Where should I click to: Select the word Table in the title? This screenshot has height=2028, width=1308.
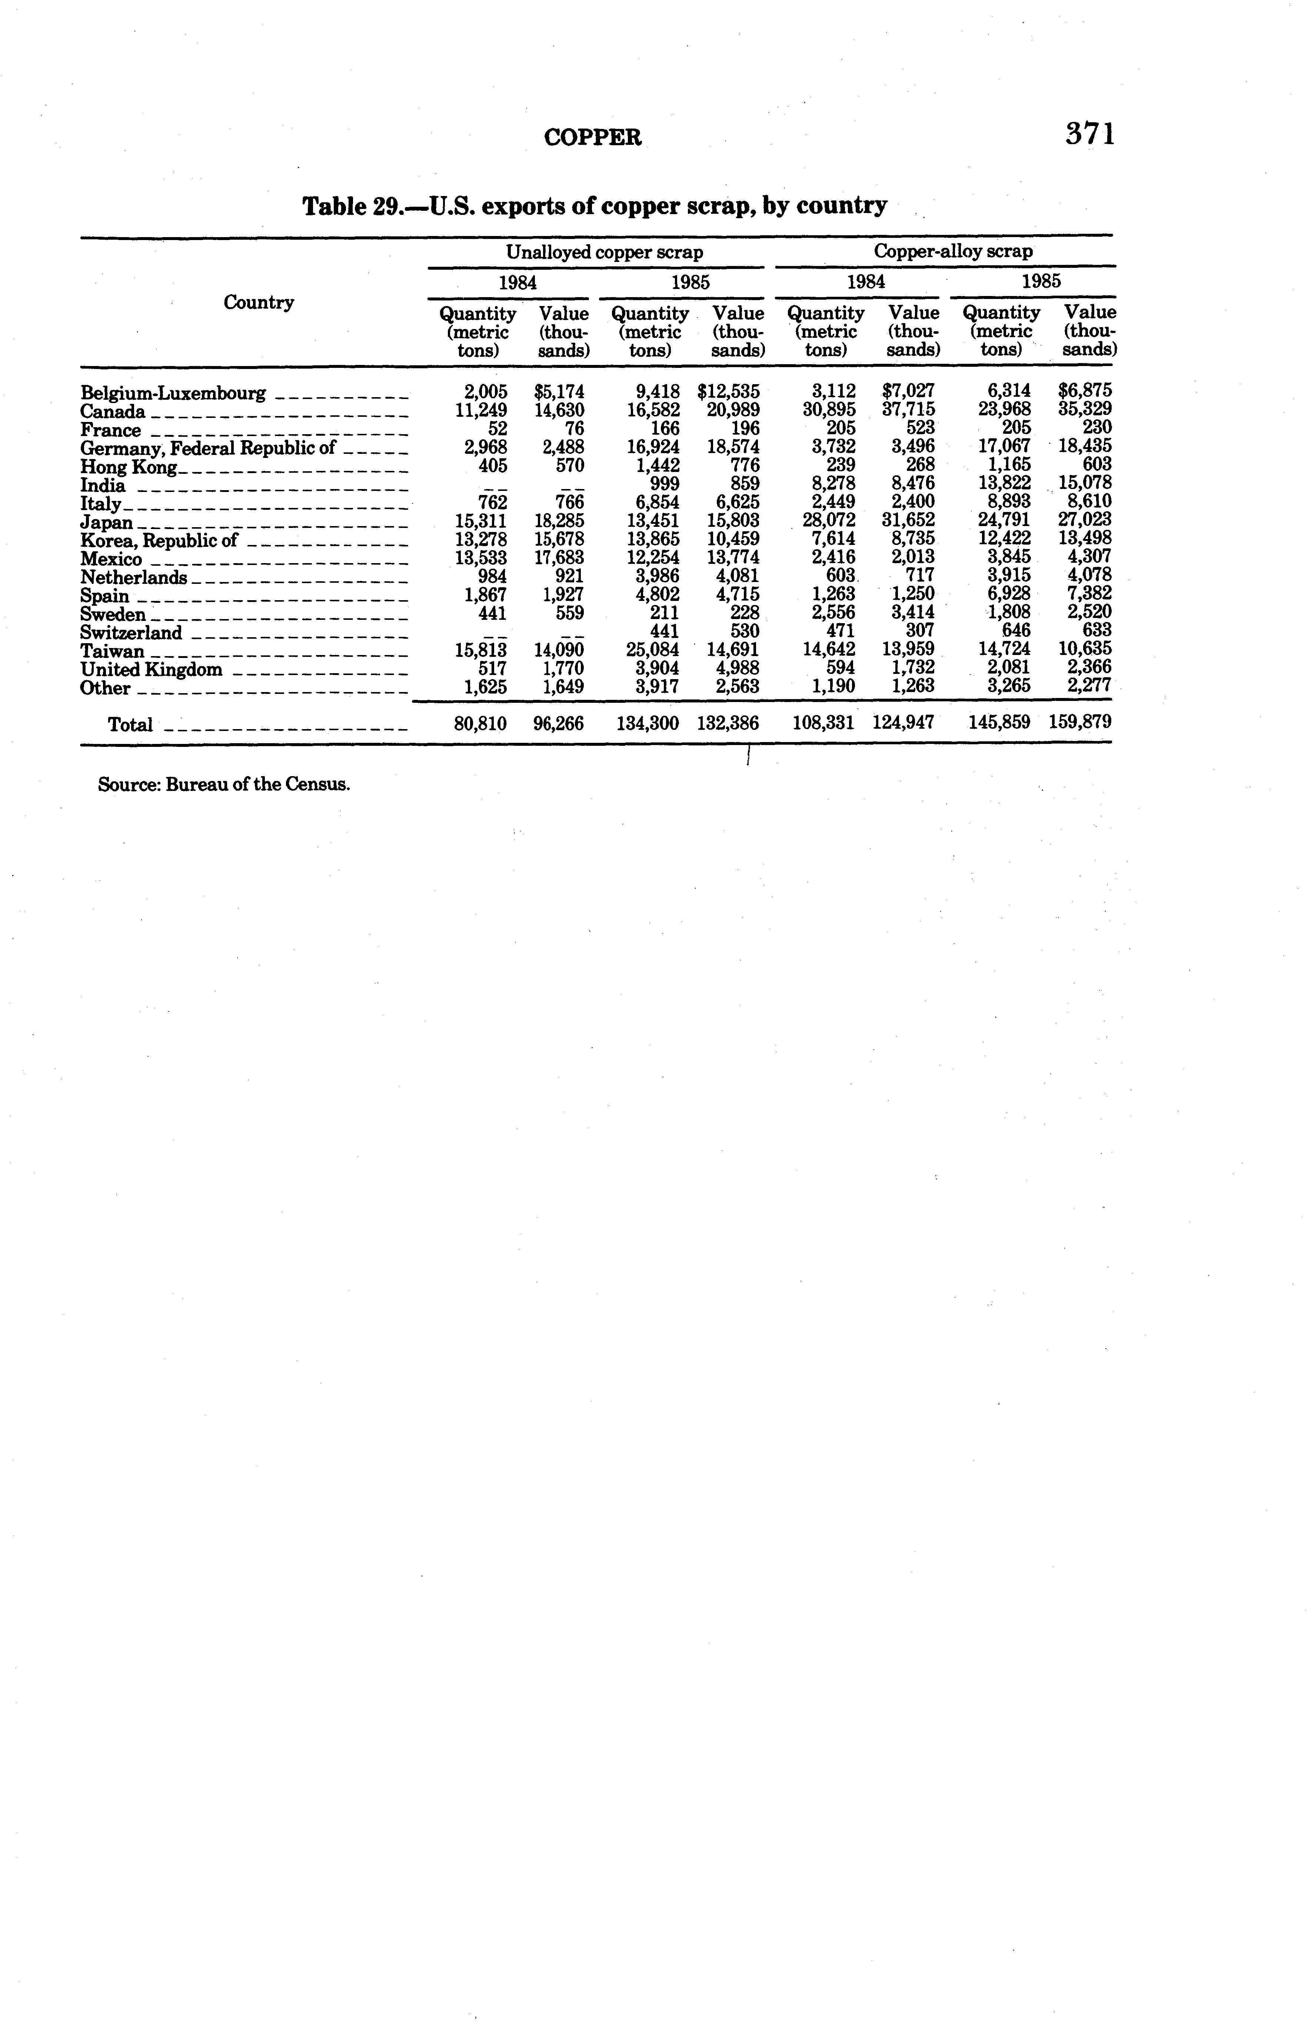pos(335,206)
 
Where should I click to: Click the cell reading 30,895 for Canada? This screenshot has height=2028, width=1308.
pos(829,410)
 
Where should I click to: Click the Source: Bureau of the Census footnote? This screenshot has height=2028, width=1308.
pos(224,784)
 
